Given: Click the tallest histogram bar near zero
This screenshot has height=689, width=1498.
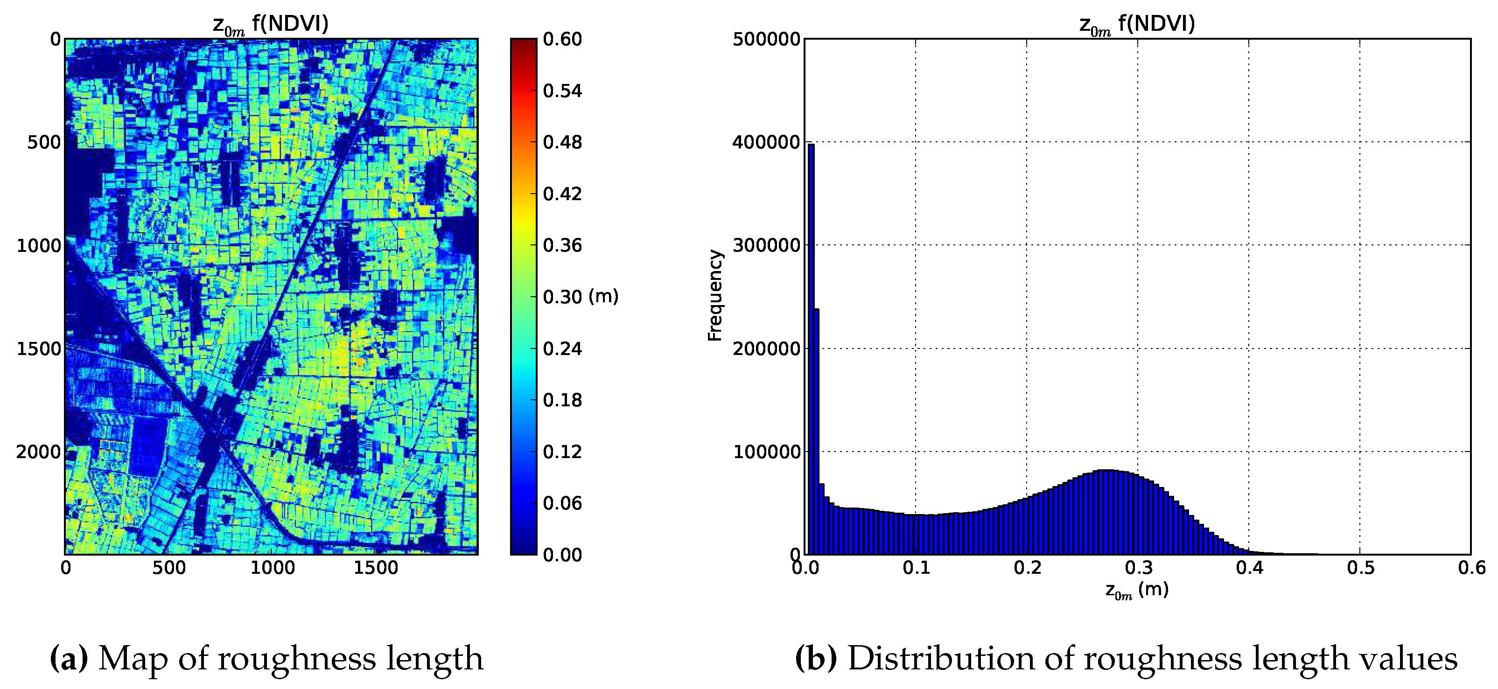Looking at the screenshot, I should (811, 349).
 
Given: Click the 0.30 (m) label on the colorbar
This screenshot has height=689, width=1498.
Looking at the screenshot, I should (580, 297).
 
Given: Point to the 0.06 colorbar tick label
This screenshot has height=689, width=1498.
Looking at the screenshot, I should (562, 503).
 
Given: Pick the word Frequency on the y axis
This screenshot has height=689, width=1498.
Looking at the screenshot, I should (714, 295).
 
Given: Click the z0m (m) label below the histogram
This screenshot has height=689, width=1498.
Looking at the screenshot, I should (1137, 591).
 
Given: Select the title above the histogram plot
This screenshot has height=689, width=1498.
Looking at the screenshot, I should (1137, 24).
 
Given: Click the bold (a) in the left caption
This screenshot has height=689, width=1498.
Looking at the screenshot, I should (69, 658).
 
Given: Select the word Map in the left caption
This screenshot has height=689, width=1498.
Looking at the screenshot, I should (133, 658).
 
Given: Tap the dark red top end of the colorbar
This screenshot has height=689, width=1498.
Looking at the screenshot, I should (524, 42).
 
